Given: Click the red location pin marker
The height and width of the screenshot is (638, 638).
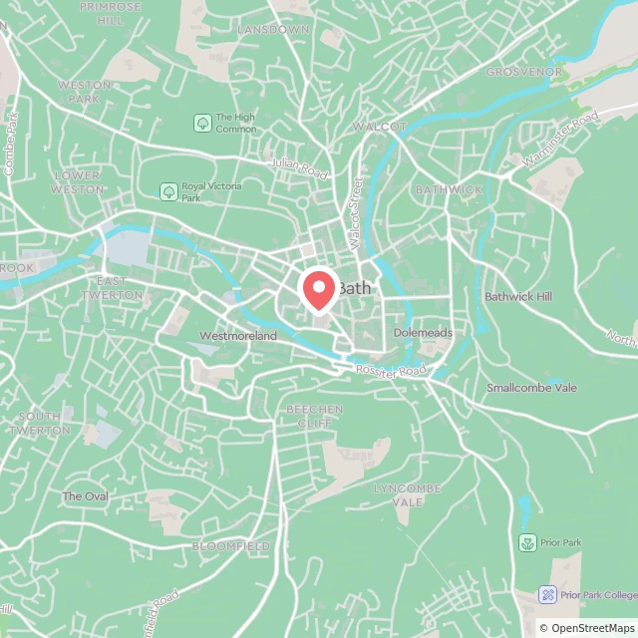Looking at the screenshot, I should pos(318,290).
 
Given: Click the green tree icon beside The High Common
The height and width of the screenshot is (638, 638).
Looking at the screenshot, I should pos(201,123).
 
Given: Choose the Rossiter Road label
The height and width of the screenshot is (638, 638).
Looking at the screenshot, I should pos(393,370).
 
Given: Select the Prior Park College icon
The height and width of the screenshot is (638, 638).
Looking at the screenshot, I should pos(547,594).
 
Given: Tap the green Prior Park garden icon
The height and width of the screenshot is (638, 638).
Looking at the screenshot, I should pos(527,543).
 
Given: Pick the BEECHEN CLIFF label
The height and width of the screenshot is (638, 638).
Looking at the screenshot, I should pos(314,416).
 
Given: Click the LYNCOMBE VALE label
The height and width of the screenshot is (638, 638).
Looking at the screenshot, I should pos(399,494).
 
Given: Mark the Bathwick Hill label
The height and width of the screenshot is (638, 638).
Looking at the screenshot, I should pos(517,297).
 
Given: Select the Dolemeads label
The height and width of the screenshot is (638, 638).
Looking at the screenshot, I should pos(423,332).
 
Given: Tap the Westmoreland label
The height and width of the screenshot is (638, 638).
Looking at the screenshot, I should pos(238,336).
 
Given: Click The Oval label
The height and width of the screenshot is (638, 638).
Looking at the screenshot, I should pos(86,495).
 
